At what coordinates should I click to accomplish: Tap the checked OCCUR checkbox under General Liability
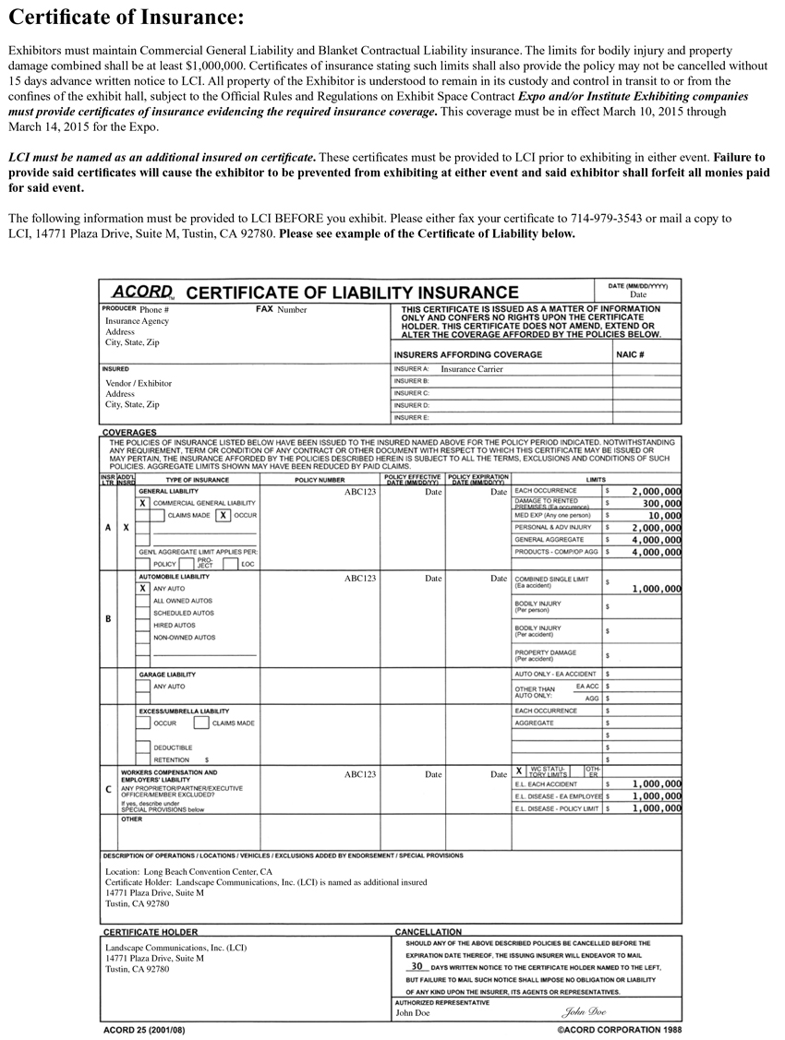[223, 515]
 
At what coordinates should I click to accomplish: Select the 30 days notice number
[417, 966]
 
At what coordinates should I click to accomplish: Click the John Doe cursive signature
[586, 1011]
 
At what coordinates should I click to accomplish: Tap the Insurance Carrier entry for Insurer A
[472, 368]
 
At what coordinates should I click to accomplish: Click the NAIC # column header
[629, 354]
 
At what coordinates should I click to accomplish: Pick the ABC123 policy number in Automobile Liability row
[360, 579]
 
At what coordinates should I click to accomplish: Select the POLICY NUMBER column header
[319, 481]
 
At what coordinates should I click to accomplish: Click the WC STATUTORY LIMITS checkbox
[519, 770]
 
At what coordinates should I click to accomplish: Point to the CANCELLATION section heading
[428, 932]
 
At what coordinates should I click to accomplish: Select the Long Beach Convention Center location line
[188, 871]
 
